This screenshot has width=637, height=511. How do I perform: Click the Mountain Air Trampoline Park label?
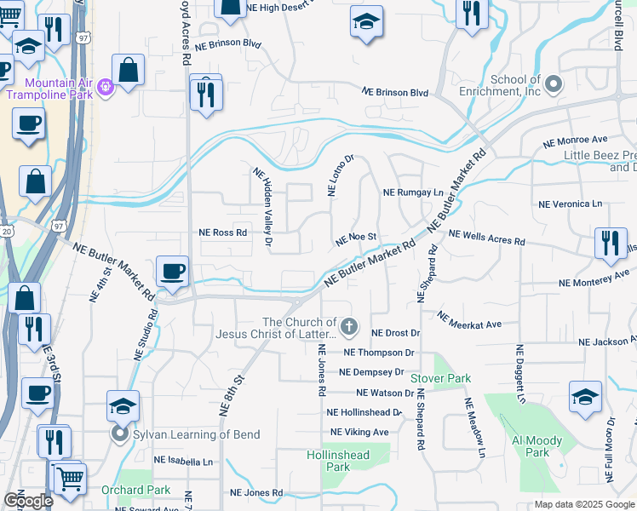click(49, 88)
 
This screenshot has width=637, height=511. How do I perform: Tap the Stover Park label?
click(440, 377)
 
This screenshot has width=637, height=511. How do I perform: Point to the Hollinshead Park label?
click(338, 461)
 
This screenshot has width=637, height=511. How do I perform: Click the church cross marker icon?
click(348, 326)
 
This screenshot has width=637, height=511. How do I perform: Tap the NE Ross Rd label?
click(222, 232)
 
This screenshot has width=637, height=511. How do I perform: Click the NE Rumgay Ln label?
click(413, 192)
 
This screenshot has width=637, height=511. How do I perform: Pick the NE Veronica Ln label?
click(570, 204)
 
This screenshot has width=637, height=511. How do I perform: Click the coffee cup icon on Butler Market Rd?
click(172, 271)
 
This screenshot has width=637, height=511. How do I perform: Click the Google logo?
click(29, 501)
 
